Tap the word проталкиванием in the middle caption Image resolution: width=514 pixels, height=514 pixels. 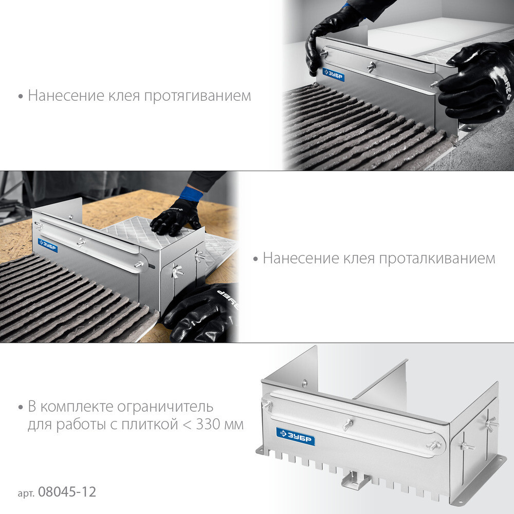coord(437,259)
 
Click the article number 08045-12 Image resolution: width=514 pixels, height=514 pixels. coord(67,492)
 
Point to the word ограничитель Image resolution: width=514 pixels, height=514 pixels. coord(165,407)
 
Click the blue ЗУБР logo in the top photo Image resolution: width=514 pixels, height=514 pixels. coord(333,75)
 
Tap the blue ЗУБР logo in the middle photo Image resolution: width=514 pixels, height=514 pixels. coord(48,246)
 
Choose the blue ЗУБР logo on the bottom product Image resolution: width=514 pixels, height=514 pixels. coord(296,436)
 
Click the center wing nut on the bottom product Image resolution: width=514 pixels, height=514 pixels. coord(347,424)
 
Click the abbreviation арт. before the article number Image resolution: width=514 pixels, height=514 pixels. coord(26,493)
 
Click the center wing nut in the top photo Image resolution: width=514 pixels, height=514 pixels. coord(372,67)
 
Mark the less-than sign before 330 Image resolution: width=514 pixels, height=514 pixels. coord(187,425)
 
